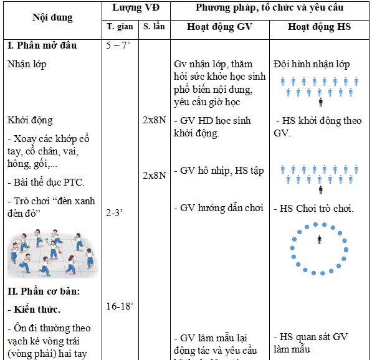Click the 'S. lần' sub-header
point(154,27)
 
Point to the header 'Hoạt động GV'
point(219,27)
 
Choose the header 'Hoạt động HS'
point(320,27)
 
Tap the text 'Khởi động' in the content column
point(31,120)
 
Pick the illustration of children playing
point(52,253)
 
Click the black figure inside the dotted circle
point(319,239)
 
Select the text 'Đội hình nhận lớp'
point(312,64)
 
